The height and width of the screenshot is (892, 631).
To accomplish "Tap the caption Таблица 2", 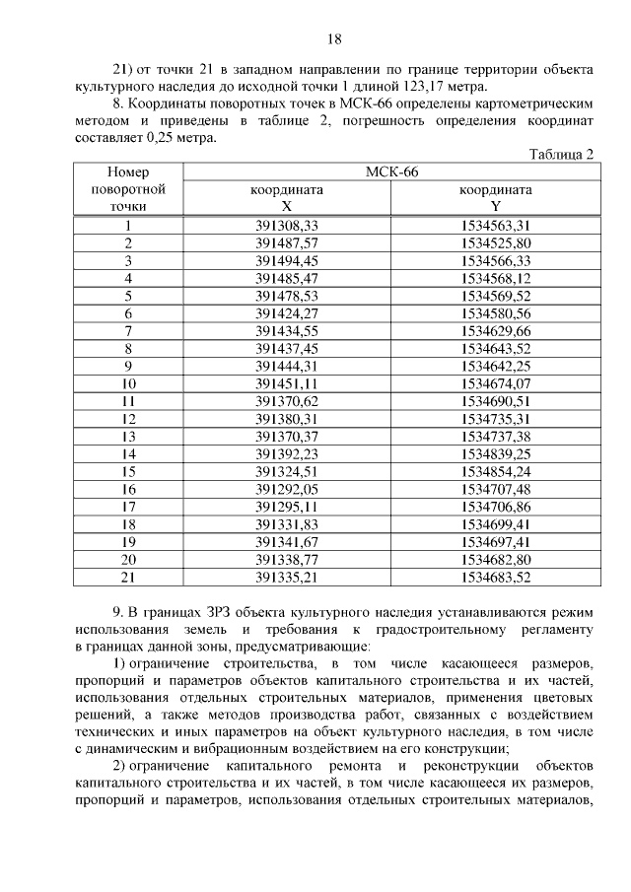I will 562,155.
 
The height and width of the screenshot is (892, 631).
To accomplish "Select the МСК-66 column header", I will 391,172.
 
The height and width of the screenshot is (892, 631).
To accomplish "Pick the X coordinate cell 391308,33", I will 287,225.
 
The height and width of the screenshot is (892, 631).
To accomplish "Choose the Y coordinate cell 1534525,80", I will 495,242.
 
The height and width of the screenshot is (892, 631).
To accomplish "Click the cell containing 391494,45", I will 287,260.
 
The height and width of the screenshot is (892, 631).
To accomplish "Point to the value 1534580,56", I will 495,312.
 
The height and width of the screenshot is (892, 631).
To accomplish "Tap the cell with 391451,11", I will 287,383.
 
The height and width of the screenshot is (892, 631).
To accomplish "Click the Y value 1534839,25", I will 495,453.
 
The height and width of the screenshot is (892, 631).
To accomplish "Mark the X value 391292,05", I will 287,489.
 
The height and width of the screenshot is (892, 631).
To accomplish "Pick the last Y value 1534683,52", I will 495,577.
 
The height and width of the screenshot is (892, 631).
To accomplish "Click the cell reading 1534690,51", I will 495,401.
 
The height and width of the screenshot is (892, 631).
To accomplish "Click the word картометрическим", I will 532,103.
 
